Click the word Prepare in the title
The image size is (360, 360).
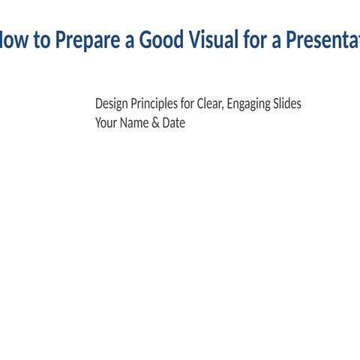87,40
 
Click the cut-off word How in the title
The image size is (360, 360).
13,40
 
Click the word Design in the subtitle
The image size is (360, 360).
112,103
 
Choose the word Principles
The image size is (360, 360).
154,103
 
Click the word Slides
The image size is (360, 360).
287,103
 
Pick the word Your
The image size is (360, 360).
106,122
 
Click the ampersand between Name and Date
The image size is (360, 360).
156,122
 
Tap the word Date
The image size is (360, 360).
173,122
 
